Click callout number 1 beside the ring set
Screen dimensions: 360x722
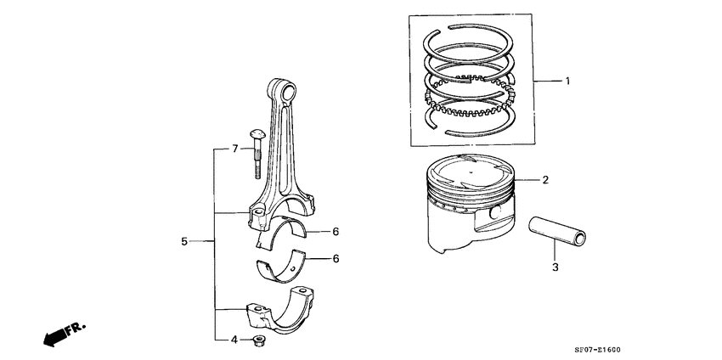coord(568,82)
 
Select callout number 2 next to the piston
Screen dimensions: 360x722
coord(545,180)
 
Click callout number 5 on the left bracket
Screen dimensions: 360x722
coord(184,242)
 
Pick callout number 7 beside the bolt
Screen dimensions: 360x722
coord(235,149)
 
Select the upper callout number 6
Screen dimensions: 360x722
coord(336,231)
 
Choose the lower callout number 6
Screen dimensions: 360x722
coord(336,258)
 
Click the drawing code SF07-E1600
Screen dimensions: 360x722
coord(670,347)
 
